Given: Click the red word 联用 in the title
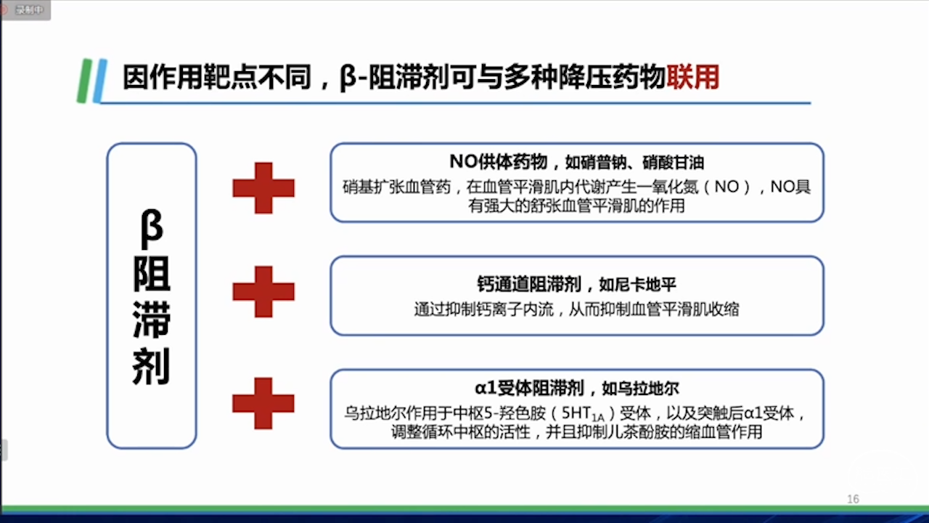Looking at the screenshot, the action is pos(692,77).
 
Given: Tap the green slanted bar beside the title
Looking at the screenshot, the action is pos(84,81).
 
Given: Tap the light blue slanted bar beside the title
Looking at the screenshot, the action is pos(100,81).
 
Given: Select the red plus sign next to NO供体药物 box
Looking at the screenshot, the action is pos(263,188).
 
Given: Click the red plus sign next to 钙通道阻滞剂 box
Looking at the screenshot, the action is pos(263,292).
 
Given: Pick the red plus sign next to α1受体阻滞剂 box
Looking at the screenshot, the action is pos(263,403).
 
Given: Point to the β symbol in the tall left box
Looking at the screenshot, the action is pos(151,229).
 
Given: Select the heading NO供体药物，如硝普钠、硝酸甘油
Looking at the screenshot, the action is pos(577,162).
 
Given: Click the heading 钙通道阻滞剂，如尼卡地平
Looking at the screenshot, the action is pos(577,285).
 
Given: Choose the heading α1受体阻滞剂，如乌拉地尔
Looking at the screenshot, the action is pos(577,389).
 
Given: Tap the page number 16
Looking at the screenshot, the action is pos(853,499).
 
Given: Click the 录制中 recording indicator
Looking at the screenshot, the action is pos(25,10).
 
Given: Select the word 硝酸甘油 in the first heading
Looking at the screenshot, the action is pos(673,162).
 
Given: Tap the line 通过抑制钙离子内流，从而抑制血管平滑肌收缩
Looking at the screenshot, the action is pos(577,309).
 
